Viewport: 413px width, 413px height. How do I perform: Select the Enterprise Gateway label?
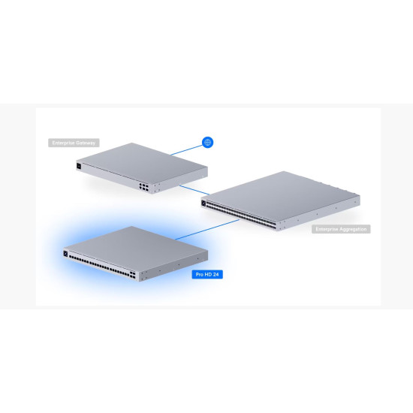[x=74, y=143]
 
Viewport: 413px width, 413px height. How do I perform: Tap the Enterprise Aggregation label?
[x=341, y=228]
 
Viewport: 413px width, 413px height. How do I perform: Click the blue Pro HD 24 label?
[x=206, y=275]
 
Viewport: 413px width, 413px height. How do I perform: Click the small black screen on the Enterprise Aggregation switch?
[x=205, y=201]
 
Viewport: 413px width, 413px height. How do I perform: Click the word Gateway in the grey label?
[x=85, y=143]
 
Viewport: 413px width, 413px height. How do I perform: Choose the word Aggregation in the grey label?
[x=351, y=228]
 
